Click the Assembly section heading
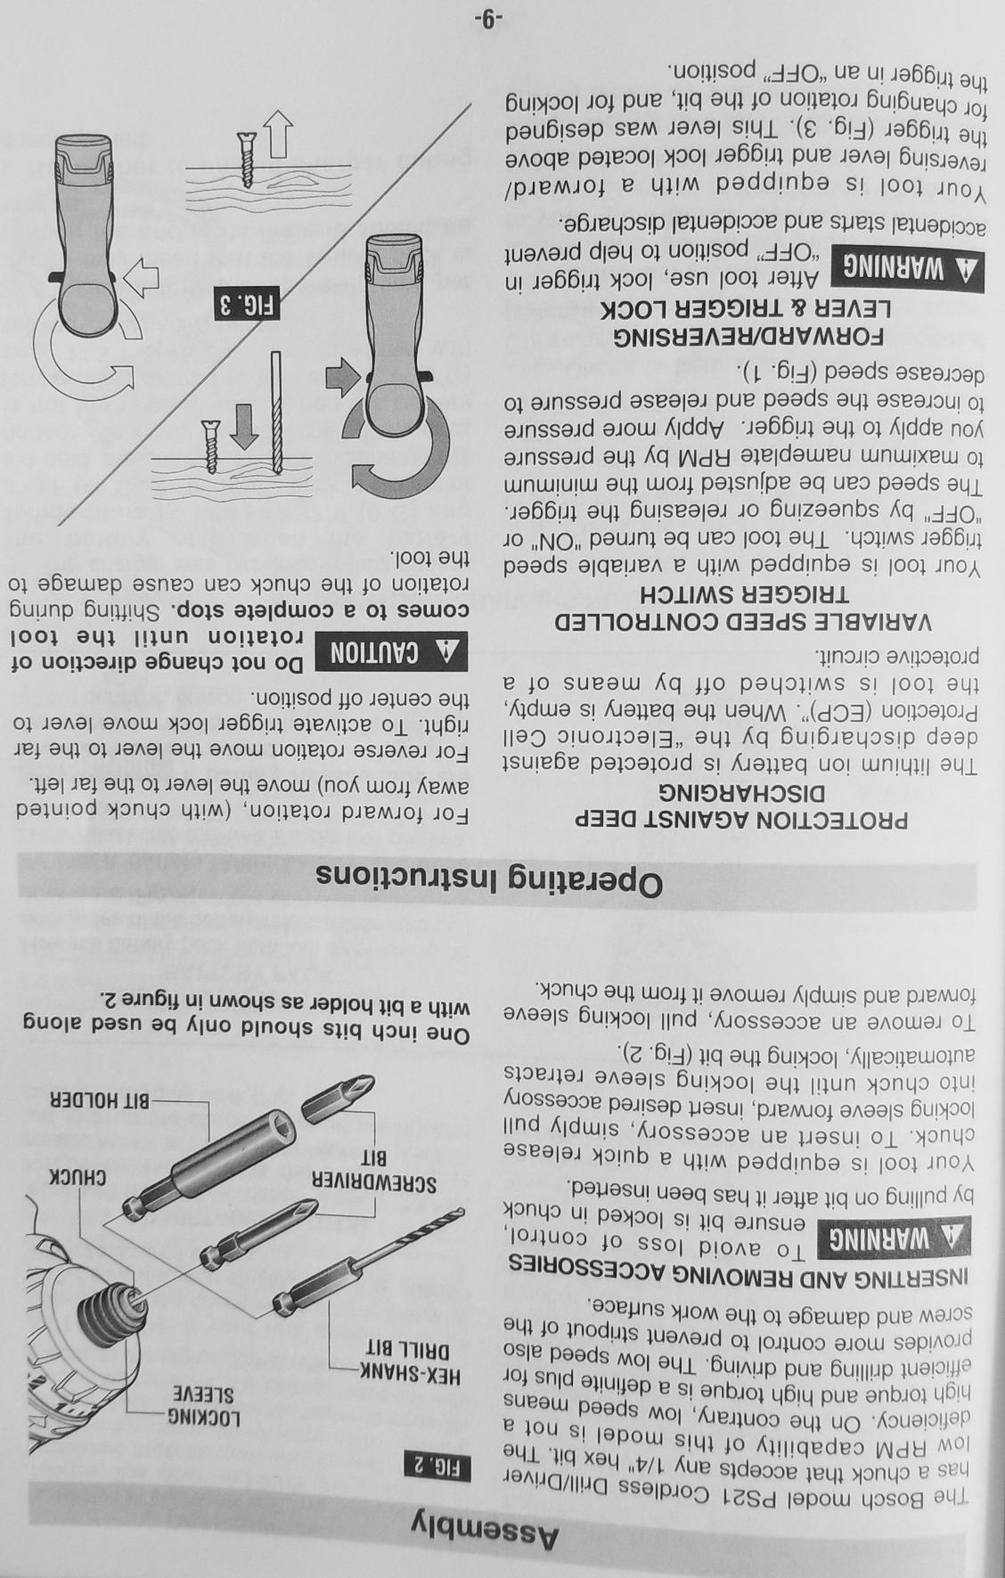(x=487, y=1533)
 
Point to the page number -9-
(x=488, y=19)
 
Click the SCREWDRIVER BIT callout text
(x=373, y=1171)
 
